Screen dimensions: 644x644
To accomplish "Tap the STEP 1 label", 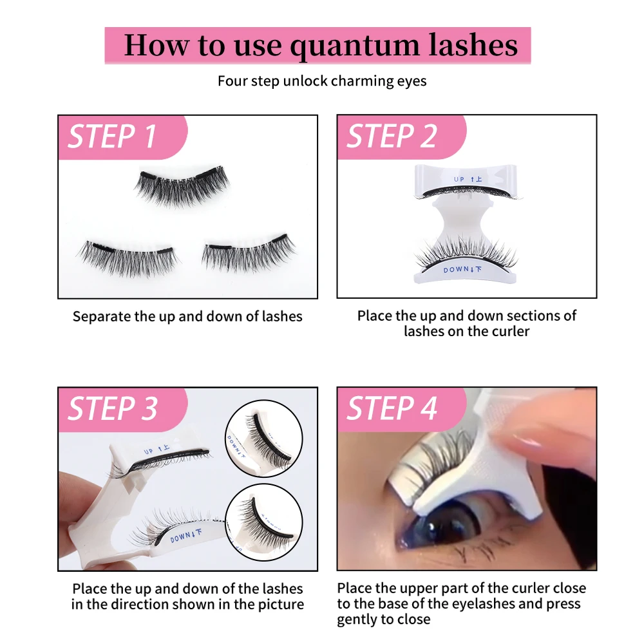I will pos(113,137).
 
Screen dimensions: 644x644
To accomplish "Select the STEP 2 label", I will pos(392,137).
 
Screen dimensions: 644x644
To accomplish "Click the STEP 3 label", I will pos(113,409).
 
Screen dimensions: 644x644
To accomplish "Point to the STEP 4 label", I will pos(392,409).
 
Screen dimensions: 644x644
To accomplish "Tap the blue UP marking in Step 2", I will pos(468,179).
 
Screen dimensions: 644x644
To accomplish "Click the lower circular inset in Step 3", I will pos(263,521).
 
